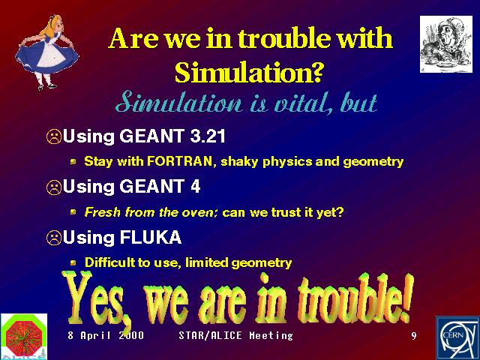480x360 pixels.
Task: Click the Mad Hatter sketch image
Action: click(x=446, y=44)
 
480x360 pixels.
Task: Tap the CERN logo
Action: click(x=457, y=338)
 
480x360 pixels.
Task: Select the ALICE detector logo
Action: click(x=24, y=337)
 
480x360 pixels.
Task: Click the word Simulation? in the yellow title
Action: click(x=249, y=72)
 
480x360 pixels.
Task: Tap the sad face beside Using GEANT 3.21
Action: click(x=54, y=136)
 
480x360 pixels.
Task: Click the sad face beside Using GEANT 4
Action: click(x=54, y=187)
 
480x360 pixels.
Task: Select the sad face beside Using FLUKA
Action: click(x=54, y=238)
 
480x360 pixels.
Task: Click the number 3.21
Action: click(x=208, y=136)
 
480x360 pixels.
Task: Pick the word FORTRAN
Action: click(x=180, y=161)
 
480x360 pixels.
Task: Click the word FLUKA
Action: click(x=151, y=237)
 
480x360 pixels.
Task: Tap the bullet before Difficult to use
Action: click(x=73, y=262)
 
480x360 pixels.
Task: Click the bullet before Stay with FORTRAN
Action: click(x=73, y=161)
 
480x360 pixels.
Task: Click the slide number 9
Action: click(x=414, y=336)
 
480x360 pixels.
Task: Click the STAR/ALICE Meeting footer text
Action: click(x=235, y=335)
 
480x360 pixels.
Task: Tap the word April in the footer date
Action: click(x=95, y=336)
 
